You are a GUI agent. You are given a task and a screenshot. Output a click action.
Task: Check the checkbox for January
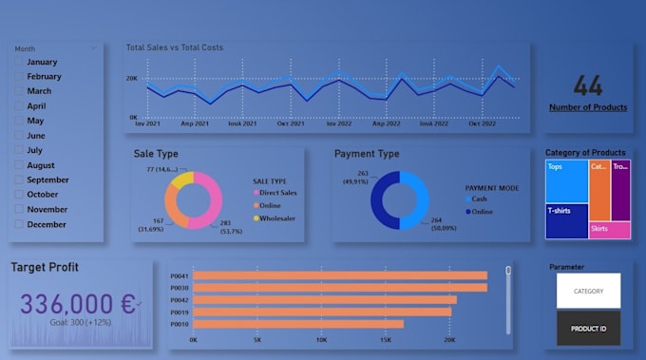pos(19,62)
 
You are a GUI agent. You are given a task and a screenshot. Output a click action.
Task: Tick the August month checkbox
pos(19,165)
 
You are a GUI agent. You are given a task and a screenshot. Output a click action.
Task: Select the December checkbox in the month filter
pos(19,224)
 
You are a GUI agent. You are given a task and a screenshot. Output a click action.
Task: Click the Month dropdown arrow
pos(93,47)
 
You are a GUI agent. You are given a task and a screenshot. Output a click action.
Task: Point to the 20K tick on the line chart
pos(132,79)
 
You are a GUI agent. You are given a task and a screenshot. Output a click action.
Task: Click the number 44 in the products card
pos(588,86)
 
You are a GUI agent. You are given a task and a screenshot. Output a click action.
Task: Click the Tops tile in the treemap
pos(566,180)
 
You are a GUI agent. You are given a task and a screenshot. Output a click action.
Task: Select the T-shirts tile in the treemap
pos(566,221)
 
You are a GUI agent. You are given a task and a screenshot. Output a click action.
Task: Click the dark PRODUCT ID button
pos(588,329)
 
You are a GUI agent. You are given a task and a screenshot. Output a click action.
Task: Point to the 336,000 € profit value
pos(78,304)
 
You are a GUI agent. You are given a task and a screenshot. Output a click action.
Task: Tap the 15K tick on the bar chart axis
pos(386,339)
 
